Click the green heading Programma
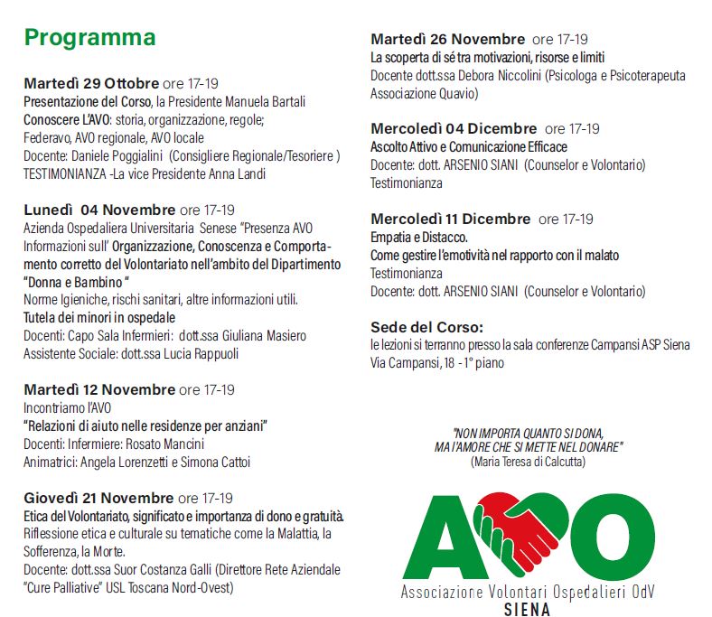[x=89, y=38]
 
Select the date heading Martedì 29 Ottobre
[x=91, y=83]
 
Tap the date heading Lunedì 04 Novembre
[x=99, y=210]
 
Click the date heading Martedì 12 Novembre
[x=99, y=389]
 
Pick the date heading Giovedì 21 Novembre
[x=98, y=498]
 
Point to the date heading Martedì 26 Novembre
[x=447, y=39]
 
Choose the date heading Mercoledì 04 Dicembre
[x=454, y=128]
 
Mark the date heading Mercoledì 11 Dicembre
[x=451, y=219]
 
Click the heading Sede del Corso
[x=427, y=327]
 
